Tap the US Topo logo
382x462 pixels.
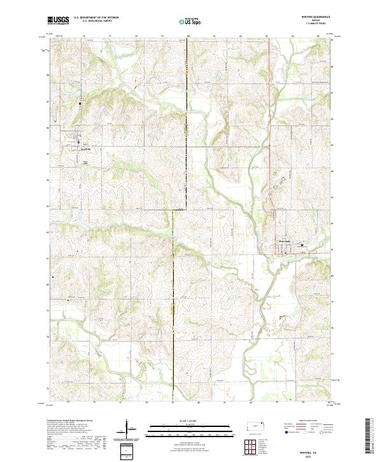[x=190, y=22]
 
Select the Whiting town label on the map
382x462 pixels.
[x=87, y=150]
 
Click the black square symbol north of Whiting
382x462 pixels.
[x=80, y=103]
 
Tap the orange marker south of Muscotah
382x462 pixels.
[x=281, y=317]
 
